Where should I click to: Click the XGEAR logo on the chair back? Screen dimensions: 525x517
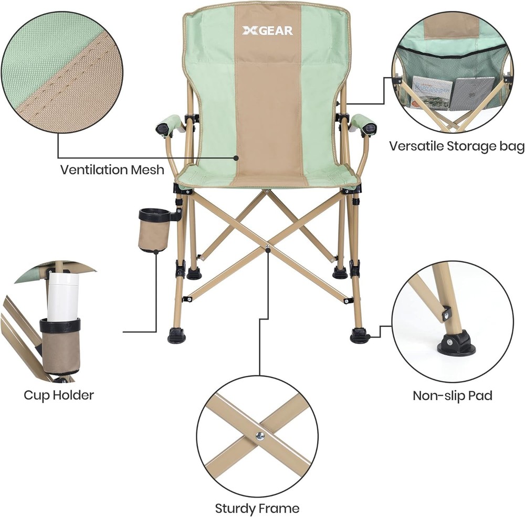pos(268,31)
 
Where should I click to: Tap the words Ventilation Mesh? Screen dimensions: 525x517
pos(112,170)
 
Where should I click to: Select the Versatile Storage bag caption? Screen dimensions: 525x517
pos(457,146)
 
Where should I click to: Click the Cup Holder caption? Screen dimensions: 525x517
pos(59,395)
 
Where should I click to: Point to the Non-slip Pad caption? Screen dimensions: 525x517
pos(453,396)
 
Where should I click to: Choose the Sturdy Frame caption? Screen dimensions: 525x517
pos(257,509)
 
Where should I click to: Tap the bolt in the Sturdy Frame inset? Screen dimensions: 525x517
pos(260,436)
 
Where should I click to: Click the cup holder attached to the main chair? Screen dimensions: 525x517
pos(153,230)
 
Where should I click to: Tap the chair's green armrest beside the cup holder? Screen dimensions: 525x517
pos(170,125)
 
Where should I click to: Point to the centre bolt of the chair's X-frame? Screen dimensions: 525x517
pos(267,249)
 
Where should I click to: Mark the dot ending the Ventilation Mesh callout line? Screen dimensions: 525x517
pos(236,157)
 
